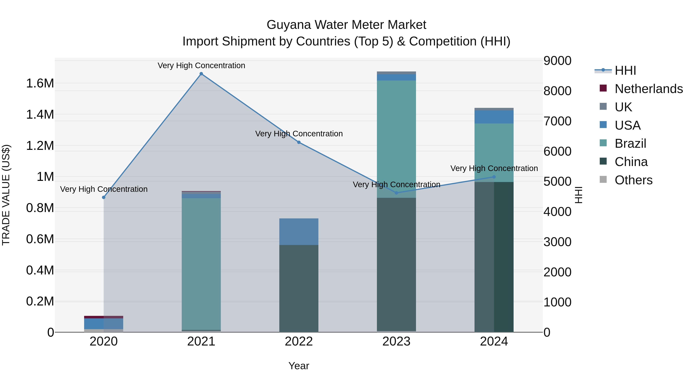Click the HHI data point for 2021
pyautogui.click(x=201, y=74)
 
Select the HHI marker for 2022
pyautogui.click(x=299, y=142)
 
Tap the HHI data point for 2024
pyautogui.click(x=494, y=177)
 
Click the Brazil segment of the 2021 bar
pyautogui.click(x=201, y=264)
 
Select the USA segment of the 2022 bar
pyautogui.click(x=299, y=231)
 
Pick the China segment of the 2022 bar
pyautogui.click(x=299, y=288)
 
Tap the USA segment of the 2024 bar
pyautogui.click(x=494, y=117)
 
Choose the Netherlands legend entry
pyautogui.click(x=648, y=89)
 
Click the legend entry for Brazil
pyautogui.click(x=630, y=143)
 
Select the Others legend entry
pyautogui.click(x=633, y=180)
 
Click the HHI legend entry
pyautogui.click(x=625, y=70)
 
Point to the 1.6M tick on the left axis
pyautogui.click(x=40, y=83)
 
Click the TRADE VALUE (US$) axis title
pyautogui.click(x=6, y=195)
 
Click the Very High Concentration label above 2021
pyautogui.click(x=201, y=65)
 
